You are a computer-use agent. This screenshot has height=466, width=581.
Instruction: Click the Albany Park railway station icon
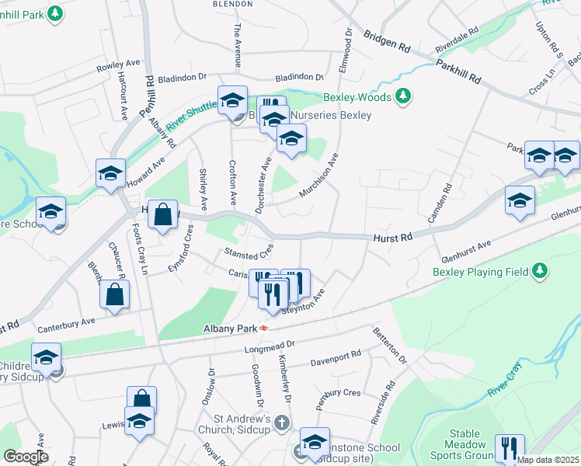[x=265, y=329]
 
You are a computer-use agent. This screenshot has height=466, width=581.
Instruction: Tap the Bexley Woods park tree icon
[x=402, y=97]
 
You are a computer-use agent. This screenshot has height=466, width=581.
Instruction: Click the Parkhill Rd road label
[x=458, y=71]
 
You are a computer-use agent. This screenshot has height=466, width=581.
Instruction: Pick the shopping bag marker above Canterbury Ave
[x=114, y=295]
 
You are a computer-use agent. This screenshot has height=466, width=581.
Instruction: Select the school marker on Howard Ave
[x=110, y=174]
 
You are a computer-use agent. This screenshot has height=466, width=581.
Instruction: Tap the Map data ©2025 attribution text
[x=546, y=460]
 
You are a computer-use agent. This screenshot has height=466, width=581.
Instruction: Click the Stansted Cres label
[x=249, y=252]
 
